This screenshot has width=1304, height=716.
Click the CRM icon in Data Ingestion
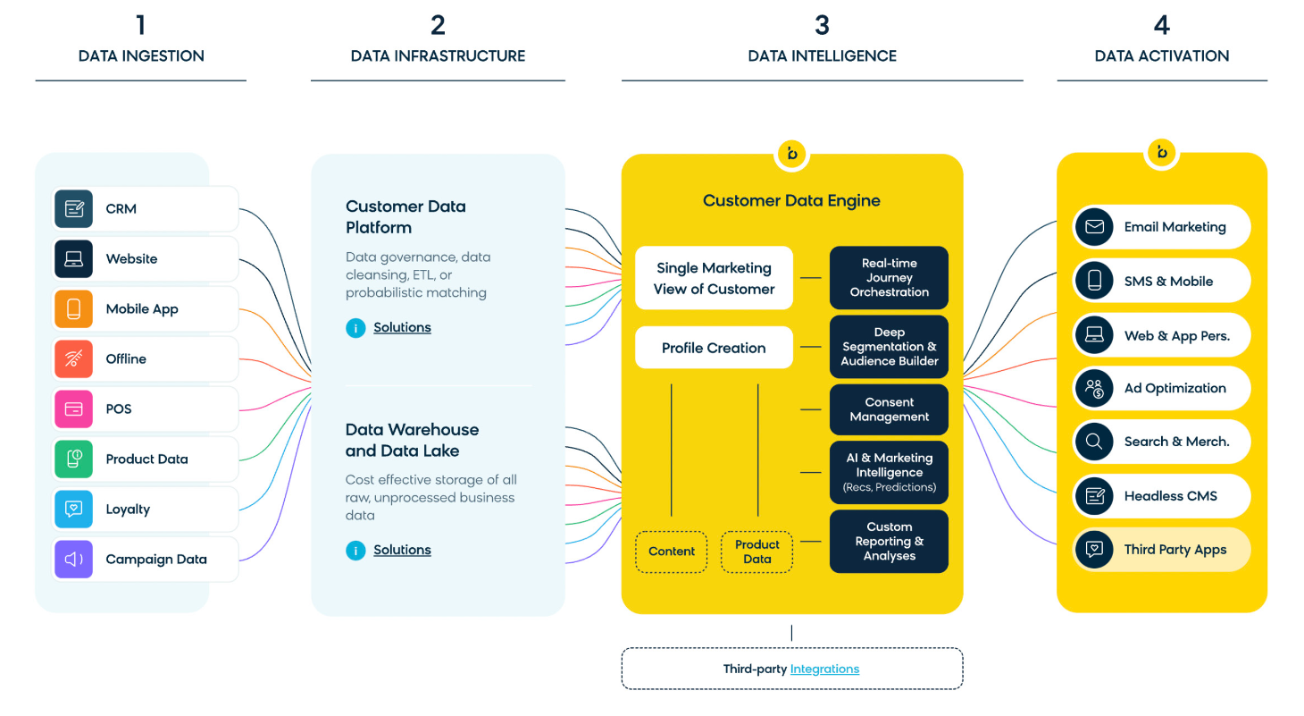pyautogui.click(x=74, y=209)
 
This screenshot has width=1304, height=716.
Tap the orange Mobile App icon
pyautogui.click(x=74, y=309)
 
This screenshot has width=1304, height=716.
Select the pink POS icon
pyautogui.click(x=74, y=409)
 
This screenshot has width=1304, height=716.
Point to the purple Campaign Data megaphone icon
pyautogui.click(x=74, y=560)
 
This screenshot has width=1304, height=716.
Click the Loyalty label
pyautogui.click(x=128, y=510)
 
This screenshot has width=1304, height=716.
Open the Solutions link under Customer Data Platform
pyautogui.click(x=402, y=328)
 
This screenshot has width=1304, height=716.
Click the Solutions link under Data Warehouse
pyautogui.click(x=402, y=551)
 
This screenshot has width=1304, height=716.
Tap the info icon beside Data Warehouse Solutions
pyautogui.click(x=355, y=551)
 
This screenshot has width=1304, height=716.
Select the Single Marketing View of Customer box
pyautogui.click(x=714, y=278)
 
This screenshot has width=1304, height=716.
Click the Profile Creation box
pyautogui.click(x=714, y=348)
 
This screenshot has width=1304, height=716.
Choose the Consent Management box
pyautogui.click(x=889, y=409)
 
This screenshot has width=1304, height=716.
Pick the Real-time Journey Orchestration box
pyautogui.click(x=889, y=278)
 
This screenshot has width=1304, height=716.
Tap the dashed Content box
pyautogui.click(x=672, y=552)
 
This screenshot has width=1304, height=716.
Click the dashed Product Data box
pyautogui.click(x=756, y=552)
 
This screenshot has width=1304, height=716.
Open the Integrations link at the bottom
pyautogui.click(x=824, y=669)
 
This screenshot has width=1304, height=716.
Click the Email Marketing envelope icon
pyautogui.click(x=1094, y=227)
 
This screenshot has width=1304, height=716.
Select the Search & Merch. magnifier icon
pyautogui.click(x=1094, y=442)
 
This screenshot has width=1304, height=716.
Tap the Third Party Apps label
pyautogui.click(x=1174, y=550)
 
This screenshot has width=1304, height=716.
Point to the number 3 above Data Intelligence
pyautogui.click(x=822, y=25)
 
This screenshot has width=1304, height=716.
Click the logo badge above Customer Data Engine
pyautogui.click(x=791, y=154)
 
